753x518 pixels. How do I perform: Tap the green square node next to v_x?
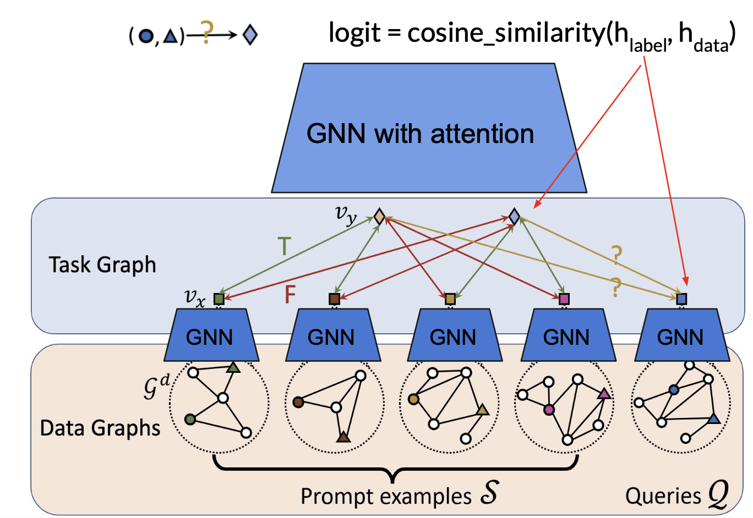(219, 299)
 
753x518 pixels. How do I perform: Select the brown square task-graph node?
(334, 299)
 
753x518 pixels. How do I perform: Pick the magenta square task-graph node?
(564, 299)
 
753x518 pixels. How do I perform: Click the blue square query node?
(681, 299)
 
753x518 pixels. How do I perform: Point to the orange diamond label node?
(379, 216)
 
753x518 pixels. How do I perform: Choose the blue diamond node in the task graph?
(514, 216)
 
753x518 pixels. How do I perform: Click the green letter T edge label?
(284, 246)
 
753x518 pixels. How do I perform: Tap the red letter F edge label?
(290, 295)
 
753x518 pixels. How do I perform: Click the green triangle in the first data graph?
(233, 367)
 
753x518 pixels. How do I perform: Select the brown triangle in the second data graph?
(343, 437)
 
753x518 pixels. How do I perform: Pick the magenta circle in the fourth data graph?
(549, 410)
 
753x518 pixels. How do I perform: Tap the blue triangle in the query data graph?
(713, 419)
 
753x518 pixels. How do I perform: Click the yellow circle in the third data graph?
(413, 399)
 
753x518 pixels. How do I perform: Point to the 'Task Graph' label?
(102, 264)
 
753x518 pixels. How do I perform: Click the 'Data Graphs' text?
(100, 428)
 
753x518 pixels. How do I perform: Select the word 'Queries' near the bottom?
(663, 496)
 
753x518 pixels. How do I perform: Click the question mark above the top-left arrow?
(206, 32)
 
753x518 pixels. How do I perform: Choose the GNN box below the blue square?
(680, 337)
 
